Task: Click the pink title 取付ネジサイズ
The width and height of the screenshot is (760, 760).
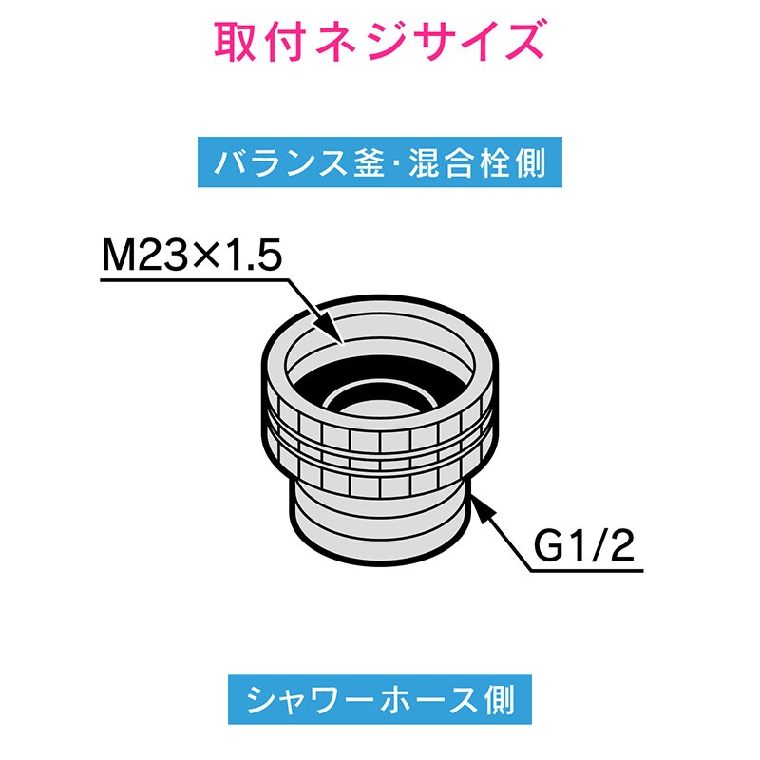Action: point(379,41)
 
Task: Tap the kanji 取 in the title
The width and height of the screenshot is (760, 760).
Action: point(235,41)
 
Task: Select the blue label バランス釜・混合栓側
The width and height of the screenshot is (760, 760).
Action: point(379,161)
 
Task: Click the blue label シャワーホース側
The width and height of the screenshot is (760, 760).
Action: point(379,699)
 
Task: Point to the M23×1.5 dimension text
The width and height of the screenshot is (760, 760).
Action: point(192,256)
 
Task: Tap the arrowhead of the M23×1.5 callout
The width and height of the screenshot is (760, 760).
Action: point(330,328)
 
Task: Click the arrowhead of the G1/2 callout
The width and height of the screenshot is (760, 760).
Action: point(483,508)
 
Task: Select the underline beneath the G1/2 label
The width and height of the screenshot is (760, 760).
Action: point(586,571)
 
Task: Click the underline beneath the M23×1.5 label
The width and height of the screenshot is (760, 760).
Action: point(195,280)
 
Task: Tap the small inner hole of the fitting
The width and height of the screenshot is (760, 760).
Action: point(379,403)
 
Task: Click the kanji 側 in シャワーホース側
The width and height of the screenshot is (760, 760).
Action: point(500,699)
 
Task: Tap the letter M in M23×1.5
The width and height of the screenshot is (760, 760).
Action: point(116,256)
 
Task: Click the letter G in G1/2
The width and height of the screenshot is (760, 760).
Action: point(548,546)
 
